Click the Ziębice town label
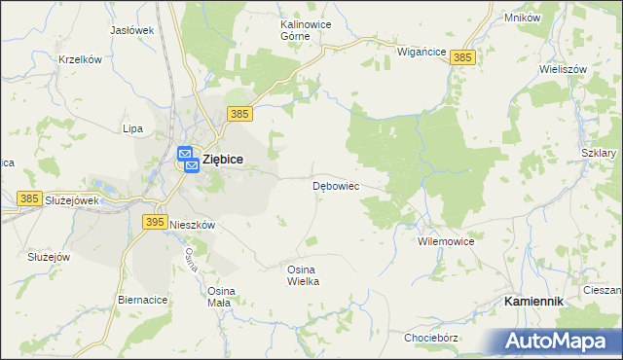click(x=222, y=160)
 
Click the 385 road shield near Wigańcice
click(x=464, y=59)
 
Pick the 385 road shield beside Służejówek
click(x=29, y=198)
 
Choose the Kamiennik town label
click(x=534, y=302)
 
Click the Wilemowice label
click(x=445, y=240)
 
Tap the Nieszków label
click(x=192, y=224)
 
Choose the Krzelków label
click(x=80, y=59)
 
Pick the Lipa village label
click(x=132, y=128)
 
